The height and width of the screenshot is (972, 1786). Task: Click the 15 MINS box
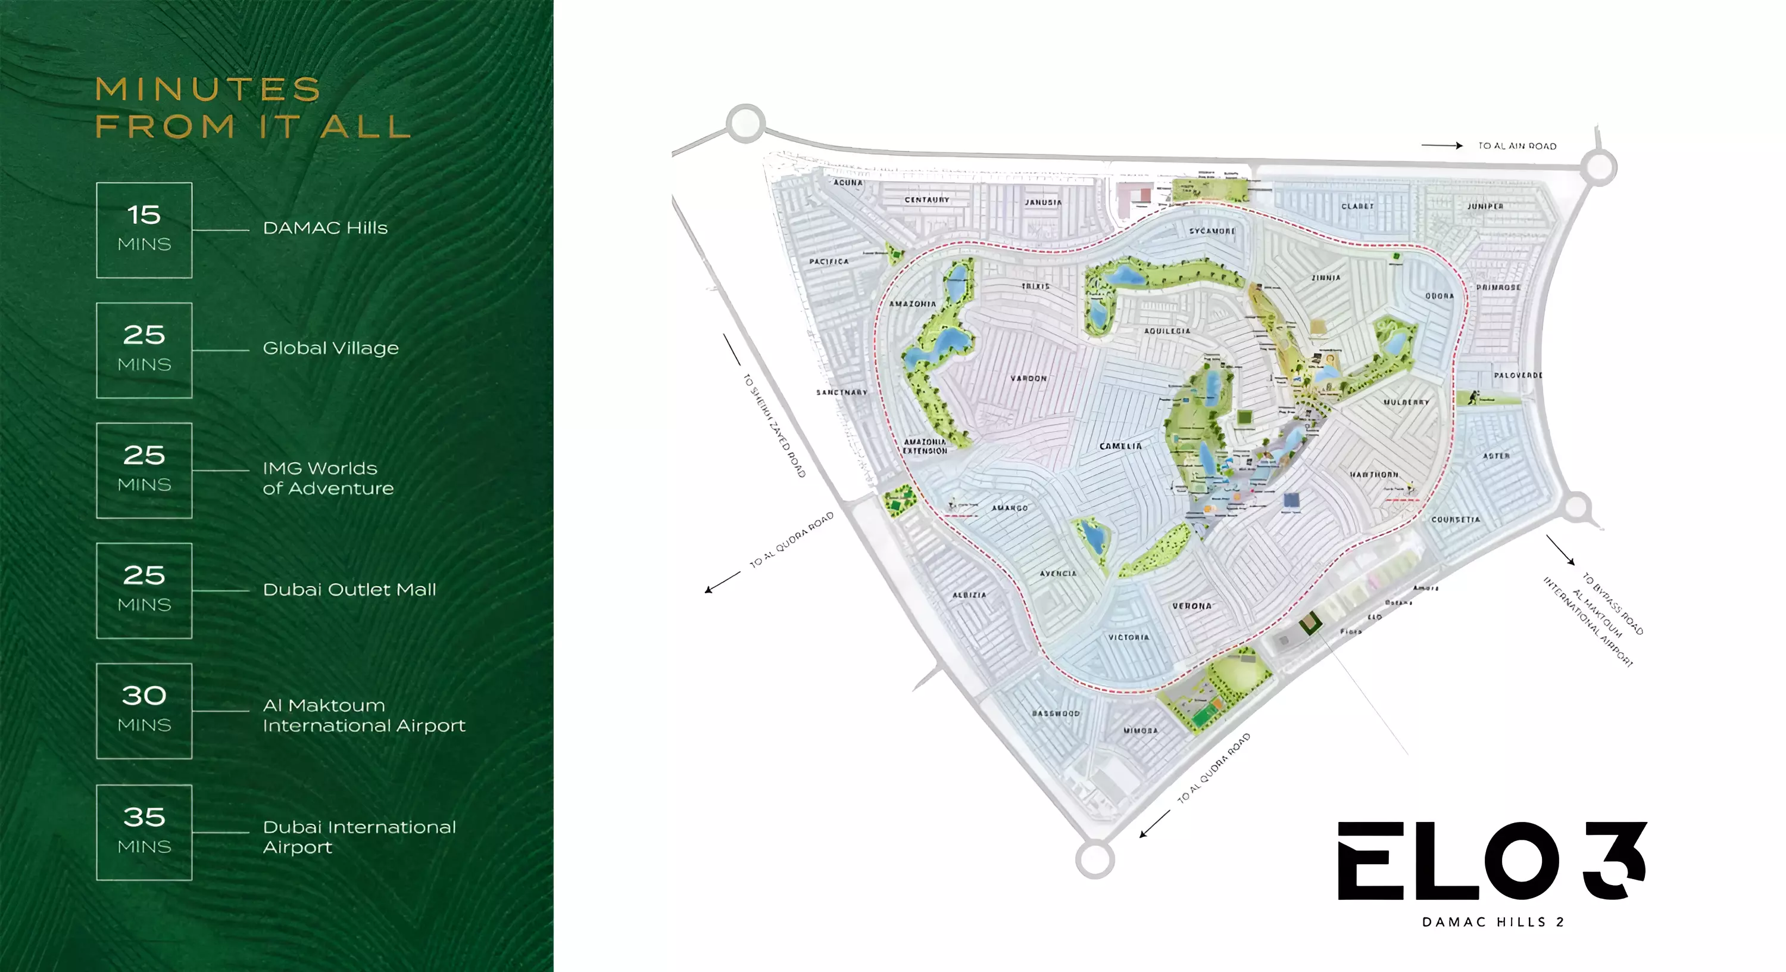click(x=144, y=230)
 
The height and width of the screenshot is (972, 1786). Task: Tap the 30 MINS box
click(x=144, y=711)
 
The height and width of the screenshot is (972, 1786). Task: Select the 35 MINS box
click(x=144, y=833)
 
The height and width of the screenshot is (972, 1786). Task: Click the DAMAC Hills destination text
click(x=325, y=228)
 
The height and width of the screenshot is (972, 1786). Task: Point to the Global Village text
click(x=331, y=348)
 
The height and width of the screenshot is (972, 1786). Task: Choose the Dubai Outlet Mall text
click(x=349, y=590)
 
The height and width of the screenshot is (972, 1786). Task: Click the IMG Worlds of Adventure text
click(x=328, y=478)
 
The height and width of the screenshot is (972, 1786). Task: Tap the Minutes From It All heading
click(x=253, y=108)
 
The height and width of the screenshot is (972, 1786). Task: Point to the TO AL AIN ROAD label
click(x=1517, y=147)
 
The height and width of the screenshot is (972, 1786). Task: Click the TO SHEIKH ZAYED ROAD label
click(x=775, y=426)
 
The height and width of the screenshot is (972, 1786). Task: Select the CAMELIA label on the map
click(x=1120, y=446)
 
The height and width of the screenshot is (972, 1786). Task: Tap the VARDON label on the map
click(x=1028, y=379)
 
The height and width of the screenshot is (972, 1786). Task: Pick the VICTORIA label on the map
click(x=1129, y=637)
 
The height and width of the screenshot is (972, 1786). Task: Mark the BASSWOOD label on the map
click(x=1056, y=713)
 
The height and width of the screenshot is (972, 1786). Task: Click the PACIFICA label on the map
click(x=829, y=261)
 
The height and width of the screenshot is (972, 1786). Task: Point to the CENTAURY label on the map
click(x=927, y=200)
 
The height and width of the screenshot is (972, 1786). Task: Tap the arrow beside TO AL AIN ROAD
click(x=1441, y=146)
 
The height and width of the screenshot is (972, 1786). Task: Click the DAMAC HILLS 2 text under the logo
click(x=1493, y=922)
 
